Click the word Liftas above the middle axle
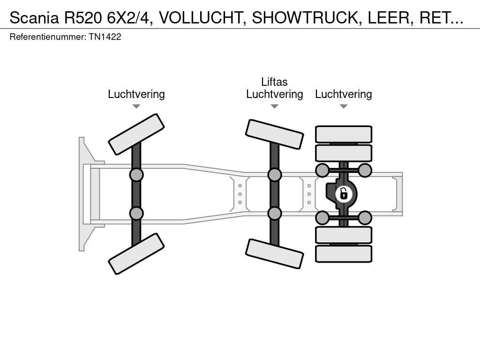click(x=274, y=82)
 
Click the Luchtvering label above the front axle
click(x=136, y=94)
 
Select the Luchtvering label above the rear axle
click(x=343, y=94)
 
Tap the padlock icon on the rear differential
click(x=344, y=193)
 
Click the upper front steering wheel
click(x=136, y=134)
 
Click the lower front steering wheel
click(x=136, y=254)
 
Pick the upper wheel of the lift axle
click(x=274, y=134)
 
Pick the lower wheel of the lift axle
click(x=274, y=254)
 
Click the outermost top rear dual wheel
click(x=344, y=134)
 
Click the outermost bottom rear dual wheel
click(x=344, y=254)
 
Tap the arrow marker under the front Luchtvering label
click(x=136, y=106)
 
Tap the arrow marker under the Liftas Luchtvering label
click(x=274, y=106)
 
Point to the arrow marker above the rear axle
click(x=343, y=106)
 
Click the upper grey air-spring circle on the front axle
click(x=136, y=175)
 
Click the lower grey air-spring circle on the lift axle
click(x=274, y=213)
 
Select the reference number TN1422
click(x=105, y=37)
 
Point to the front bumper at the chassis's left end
click(x=83, y=194)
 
